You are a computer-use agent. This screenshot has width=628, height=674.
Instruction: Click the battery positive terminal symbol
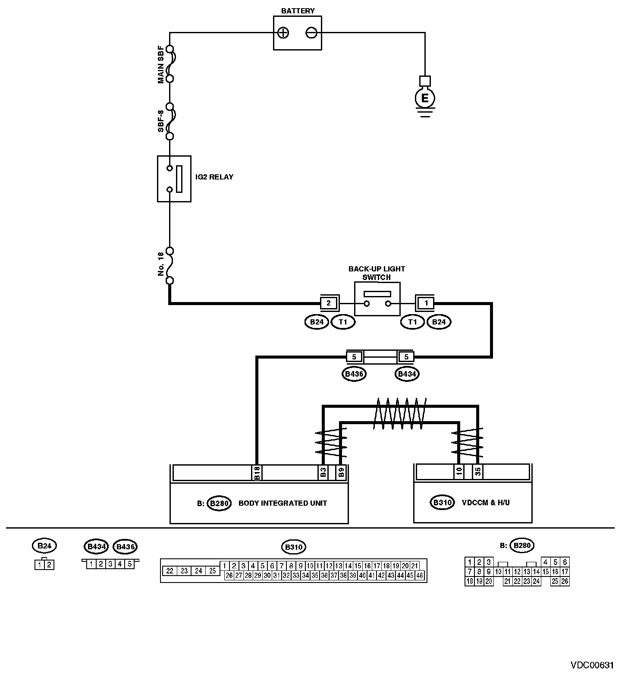(x=283, y=33)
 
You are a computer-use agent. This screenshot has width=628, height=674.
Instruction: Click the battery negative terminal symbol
(x=311, y=33)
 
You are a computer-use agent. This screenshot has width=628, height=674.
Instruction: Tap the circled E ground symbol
(x=425, y=99)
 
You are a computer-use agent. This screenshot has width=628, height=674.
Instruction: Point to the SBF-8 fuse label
(x=160, y=121)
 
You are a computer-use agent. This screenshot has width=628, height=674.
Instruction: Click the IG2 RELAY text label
(x=214, y=177)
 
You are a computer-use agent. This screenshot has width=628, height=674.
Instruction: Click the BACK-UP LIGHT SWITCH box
(x=377, y=299)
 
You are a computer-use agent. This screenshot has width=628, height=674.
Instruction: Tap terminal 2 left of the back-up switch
(x=329, y=303)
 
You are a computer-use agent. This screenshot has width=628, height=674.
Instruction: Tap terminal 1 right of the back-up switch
(x=426, y=303)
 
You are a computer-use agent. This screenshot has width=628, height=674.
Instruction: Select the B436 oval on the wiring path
(x=354, y=374)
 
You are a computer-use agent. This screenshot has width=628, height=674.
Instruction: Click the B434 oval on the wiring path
(x=407, y=374)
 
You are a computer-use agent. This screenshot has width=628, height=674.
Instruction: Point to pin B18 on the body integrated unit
(x=257, y=472)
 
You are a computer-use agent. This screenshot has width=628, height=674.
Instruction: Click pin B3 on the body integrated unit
(x=323, y=472)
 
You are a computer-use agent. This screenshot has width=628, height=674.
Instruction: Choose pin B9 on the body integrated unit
(x=342, y=472)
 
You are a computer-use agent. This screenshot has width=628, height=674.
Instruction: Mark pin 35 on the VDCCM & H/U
(x=477, y=472)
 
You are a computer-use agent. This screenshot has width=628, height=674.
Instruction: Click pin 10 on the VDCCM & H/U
(x=459, y=472)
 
